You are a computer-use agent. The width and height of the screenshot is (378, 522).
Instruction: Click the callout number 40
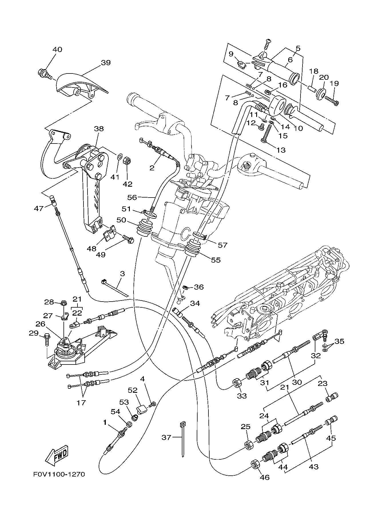57,49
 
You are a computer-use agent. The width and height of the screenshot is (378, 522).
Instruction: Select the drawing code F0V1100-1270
59,474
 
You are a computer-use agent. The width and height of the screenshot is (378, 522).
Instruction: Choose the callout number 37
166,437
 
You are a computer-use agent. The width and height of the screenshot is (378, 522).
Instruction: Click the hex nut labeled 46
255,465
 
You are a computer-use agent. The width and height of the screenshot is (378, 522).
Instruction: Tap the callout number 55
216,260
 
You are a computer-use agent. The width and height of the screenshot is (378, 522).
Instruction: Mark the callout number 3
122,274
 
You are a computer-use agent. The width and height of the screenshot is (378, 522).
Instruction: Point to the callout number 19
334,83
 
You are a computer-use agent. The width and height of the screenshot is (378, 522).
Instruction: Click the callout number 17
81,403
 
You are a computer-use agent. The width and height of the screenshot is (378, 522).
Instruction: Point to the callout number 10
298,128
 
